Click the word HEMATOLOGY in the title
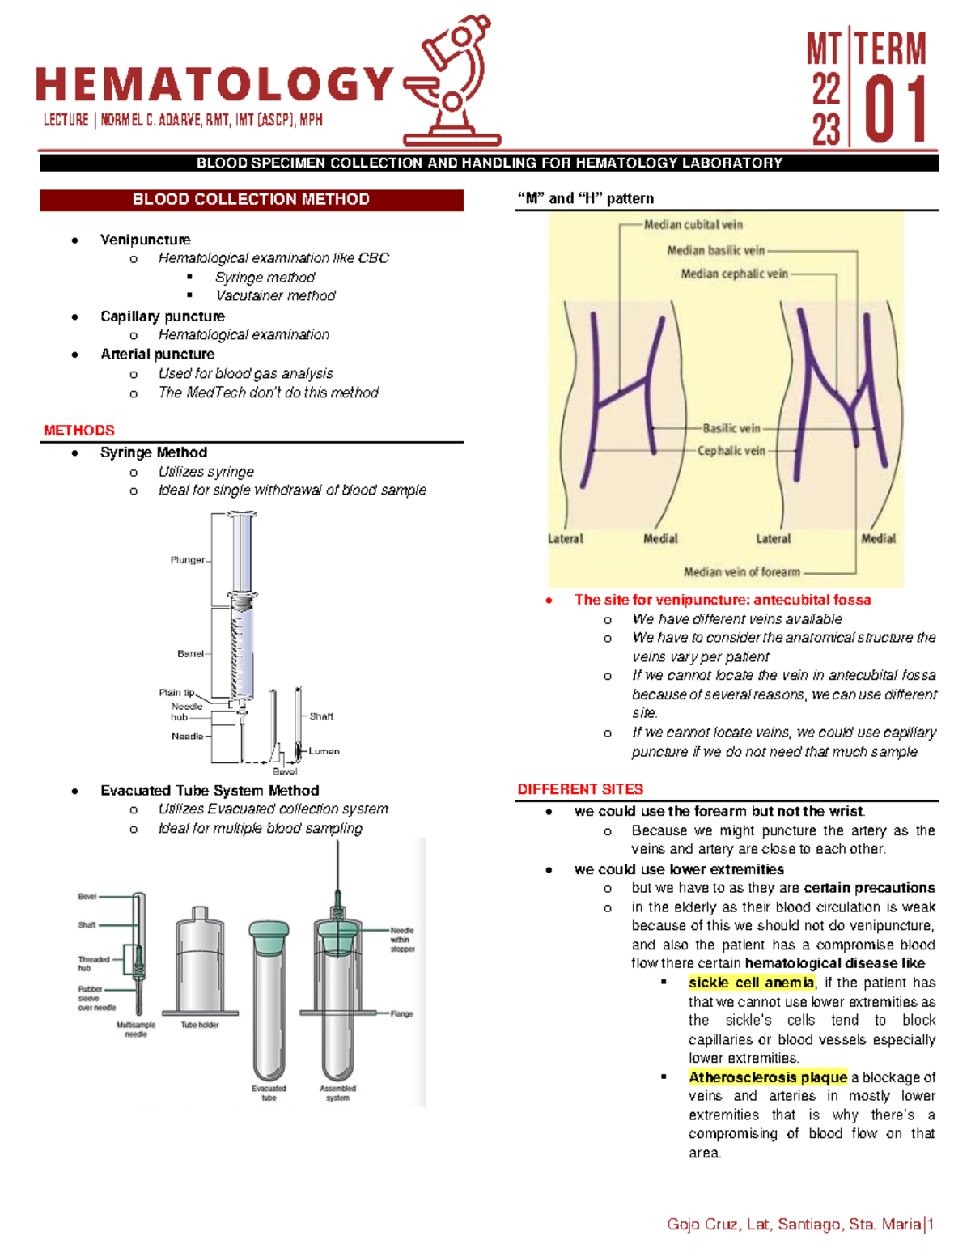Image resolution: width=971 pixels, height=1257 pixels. (x=214, y=85)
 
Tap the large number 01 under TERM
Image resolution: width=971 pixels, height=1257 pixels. (x=895, y=112)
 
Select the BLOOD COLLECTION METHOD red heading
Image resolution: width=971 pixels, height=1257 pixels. (x=251, y=200)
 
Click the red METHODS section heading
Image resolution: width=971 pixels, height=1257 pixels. (x=79, y=431)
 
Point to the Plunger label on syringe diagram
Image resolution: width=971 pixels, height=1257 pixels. (x=187, y=560)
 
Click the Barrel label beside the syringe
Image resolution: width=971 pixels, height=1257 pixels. (x=190, y=654)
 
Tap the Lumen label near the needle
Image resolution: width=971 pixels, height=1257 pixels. (x=324, y=751)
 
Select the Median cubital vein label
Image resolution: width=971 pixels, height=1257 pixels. (x=693, y=225)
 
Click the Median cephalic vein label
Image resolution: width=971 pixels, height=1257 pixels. (x=734, y=274)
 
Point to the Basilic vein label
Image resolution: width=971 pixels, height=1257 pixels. (x=731, y=428)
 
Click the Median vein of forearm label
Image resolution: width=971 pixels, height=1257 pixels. (x=741, y=572)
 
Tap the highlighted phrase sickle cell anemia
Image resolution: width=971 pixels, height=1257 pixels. (x=751, y=983)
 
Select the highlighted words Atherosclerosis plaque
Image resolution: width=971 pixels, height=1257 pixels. (x=767, y=1077)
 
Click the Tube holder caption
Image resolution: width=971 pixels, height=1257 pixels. (x=200, y=1025)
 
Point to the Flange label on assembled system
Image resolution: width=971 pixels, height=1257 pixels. (x=401, y=1013)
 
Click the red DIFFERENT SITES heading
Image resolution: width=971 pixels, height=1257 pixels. (x=580, y=789)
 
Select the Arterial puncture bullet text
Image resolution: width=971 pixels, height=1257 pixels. (x=157, y=355)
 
